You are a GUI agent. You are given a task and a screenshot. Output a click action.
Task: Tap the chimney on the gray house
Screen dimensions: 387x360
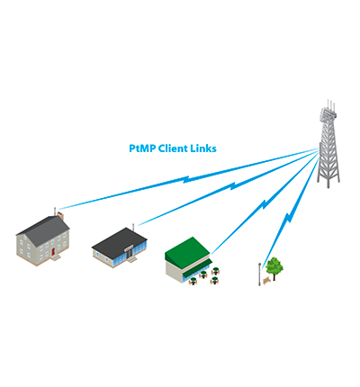click(59, 217)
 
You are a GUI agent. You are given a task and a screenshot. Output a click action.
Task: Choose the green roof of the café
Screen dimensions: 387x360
click(187, 247)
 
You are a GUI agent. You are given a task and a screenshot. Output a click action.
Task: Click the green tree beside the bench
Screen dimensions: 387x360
click(274, 265)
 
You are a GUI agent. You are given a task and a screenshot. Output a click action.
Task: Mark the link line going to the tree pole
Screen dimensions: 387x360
click(288, 217)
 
